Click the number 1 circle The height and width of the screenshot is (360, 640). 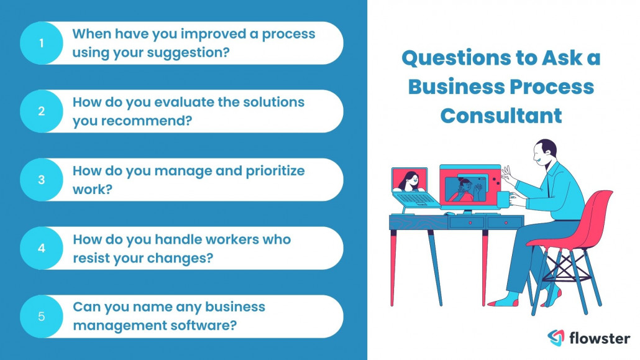pyautogui.click(x=42, y=43)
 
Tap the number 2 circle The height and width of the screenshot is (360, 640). pyautogui.click(x=42, y=111)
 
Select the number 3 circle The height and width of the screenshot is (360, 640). pyautogui.click(x=42, y=180)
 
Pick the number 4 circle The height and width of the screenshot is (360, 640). pyautogui.click(x=42, y=248)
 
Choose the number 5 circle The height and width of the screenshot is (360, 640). pyautogui.click(x=42, y=316)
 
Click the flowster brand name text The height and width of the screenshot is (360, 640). pyautogui.click(x=600, y=338)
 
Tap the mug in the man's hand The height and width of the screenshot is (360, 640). pyautogui.click(x=502, y=199)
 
